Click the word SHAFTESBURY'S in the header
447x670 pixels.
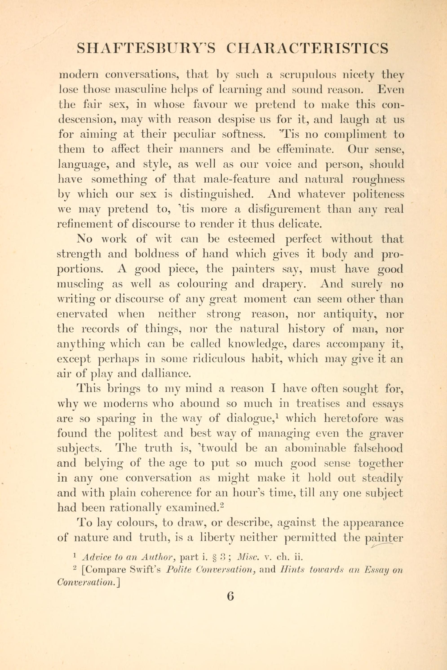point(146,48)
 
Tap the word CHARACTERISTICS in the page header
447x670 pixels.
point(307,48)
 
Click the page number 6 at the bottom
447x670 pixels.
point(230,596)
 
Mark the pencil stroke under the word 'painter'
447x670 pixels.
point(382,545)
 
